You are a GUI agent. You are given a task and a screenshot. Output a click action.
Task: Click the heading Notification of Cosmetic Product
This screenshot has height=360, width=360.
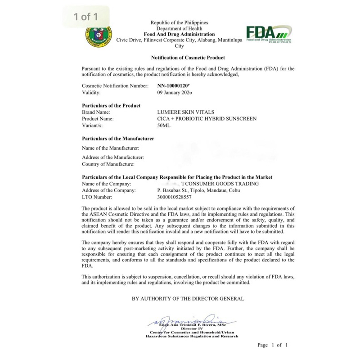tap(188, 58)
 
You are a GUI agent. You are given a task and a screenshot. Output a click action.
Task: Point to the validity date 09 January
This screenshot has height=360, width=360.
tap(175, 93)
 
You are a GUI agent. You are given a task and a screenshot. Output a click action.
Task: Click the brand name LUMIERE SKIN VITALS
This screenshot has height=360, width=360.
tap(186, 112)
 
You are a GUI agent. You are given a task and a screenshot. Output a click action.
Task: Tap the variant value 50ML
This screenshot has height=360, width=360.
tap(164, 126)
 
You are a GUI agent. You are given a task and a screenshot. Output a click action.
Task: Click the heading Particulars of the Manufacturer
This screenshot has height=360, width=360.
tap(118, 139)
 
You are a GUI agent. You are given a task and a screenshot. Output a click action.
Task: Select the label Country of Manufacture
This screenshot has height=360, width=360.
tap(108, 164)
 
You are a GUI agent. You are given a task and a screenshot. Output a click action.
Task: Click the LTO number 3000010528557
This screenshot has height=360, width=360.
tap(174, 197)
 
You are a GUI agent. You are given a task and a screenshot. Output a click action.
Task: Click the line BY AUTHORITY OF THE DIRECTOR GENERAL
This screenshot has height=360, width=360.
tap(188, 298)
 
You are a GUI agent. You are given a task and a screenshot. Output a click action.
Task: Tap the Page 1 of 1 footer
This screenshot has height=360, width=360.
tap(272, 345)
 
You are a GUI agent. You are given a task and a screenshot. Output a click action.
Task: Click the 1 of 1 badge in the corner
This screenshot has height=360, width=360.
tap(86, 17)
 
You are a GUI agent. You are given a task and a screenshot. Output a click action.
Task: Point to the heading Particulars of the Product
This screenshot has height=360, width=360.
tap(111, 105)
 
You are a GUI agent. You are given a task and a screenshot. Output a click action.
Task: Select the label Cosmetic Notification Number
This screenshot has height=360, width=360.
tap(115, 85)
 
